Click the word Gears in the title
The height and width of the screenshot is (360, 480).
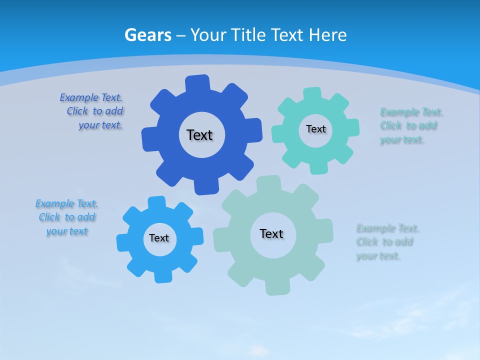click(x=148, y=35)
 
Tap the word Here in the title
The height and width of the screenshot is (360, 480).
click(x=327, y=35)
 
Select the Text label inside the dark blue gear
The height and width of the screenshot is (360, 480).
click(x=199, y=135)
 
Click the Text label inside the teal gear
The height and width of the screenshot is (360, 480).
click(x=315, y=129)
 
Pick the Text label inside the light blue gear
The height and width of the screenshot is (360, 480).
click(x=159, y=238)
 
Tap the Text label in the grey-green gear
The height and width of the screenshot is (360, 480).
click(x=271, y=233)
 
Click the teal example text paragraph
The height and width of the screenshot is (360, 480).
click(x=410, y=126)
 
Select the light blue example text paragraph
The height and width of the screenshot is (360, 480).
click(x=66, y=217)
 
